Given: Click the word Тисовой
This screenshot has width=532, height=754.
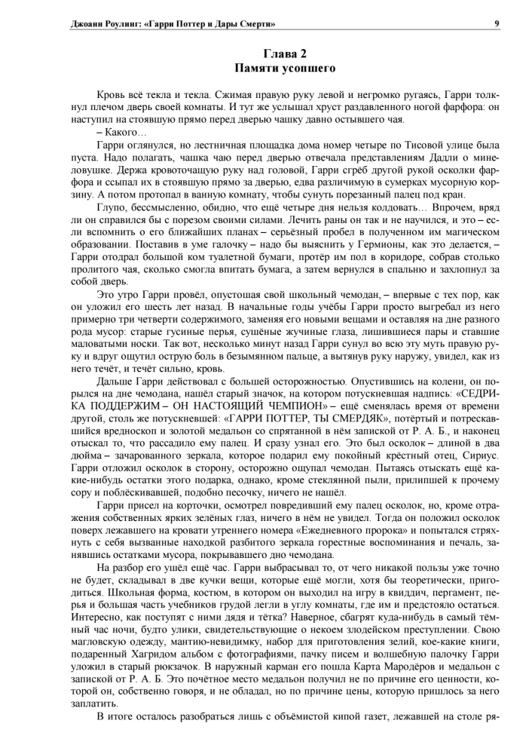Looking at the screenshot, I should (407, 144).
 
